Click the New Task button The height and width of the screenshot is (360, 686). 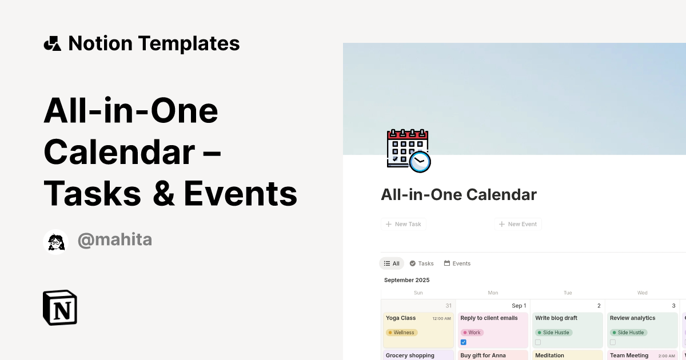(404, 224)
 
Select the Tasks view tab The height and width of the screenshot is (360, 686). (422, 263)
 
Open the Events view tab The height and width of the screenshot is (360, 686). (457, 263)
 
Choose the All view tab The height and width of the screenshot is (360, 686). (392, 263)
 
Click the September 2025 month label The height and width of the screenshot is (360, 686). (406, 280)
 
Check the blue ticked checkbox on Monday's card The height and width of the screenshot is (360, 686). (464, 342)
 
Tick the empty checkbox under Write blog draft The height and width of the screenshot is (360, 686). (538, 342)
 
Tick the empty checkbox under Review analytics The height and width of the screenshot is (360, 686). (613, 342)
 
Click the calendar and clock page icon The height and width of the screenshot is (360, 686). (408, 151)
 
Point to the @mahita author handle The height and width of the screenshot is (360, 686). (114, 240)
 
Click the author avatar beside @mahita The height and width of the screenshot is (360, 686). (55, 242)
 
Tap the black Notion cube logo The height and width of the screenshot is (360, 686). (60, 307)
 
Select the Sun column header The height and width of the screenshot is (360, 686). (418, 293)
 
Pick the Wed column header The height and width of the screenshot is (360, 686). (643, 293)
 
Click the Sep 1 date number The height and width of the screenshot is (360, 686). (519, 306)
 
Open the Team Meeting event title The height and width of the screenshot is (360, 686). (629, 355)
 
